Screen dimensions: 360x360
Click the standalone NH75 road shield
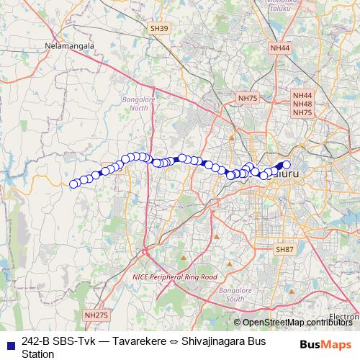(247, 97)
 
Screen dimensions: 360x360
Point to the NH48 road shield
(302, 104)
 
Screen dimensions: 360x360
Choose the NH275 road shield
(95, 315)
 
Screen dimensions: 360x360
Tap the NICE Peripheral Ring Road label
(174, 276)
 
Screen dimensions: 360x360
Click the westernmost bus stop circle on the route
(73, 184)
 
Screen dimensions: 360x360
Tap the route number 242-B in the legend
(36, 341)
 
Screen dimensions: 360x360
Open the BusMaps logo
(325, 345)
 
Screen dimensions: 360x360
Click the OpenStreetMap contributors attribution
(297, 323)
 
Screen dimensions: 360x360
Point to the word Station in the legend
(38, 354)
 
